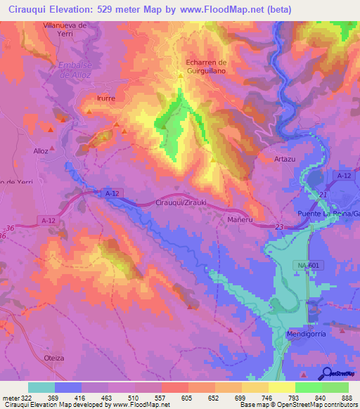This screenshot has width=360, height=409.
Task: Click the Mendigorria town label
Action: (307, 334)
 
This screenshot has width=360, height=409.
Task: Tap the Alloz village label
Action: (41, 150)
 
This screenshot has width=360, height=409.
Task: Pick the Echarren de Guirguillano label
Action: (208, 67)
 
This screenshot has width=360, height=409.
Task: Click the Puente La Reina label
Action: (328, 214)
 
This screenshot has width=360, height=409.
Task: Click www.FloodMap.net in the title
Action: (216, 9)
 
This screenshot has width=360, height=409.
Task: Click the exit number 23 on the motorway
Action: (279, 226)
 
